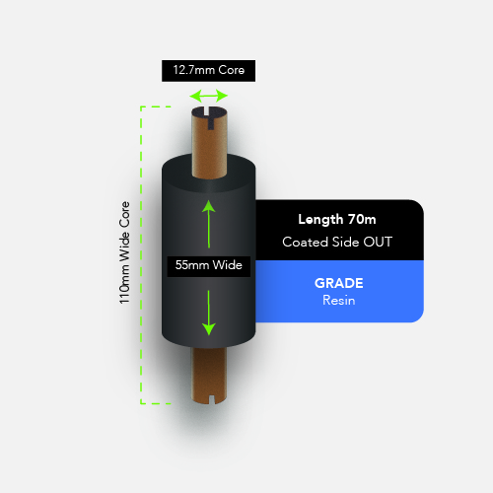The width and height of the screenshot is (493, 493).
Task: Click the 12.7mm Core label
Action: click(208, 70)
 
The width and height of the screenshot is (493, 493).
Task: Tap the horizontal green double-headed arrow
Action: click(208, 96)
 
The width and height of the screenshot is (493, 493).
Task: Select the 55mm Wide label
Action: click(209, 266)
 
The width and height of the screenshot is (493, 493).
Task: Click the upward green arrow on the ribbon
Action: click(209, 224)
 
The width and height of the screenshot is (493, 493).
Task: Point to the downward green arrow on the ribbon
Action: click(209, 313)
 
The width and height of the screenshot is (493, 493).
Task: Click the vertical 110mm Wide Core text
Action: click(124, 252)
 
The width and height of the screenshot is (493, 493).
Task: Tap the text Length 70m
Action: click(337, 219)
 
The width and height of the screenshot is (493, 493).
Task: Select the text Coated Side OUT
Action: click(337, 242)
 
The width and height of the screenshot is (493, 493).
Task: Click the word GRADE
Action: click(339, 283)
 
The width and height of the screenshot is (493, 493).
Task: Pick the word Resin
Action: click(339, 301)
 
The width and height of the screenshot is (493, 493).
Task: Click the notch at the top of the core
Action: click(210, 118)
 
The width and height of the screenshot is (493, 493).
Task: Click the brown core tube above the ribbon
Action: click(209, 143)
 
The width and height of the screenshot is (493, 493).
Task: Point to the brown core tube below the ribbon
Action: click(209, 376)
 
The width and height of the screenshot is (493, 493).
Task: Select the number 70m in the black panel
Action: click(362, 219)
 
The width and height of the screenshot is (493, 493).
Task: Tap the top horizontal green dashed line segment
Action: click(156, 106)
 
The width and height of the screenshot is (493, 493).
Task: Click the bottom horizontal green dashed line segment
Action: click(156, 403)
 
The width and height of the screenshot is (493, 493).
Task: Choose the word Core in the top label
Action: click(232, 70)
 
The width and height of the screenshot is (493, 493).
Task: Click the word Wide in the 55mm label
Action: click(228, 265)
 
